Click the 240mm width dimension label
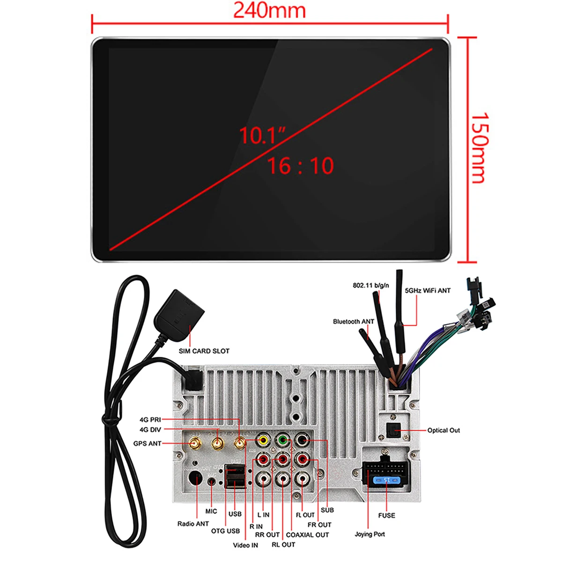[x=269, y=10]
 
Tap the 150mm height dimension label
[x=480, y=147]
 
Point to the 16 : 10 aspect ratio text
[x=300, y=166]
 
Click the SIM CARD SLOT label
[x=204, y=351]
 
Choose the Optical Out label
[x=444, y=430]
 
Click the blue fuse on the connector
[x=386, y=480]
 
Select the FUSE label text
[x=386, y=516]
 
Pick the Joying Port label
[x=370, y=534]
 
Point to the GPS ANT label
[x=147, y=444]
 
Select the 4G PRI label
[x=150, y=420]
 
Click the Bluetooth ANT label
[x=354, y=322]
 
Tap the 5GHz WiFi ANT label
[x=427, y=291]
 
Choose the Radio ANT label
[x=193, y=524]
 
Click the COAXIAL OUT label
[x=307, y=535]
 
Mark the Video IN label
[x=245, y=545]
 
